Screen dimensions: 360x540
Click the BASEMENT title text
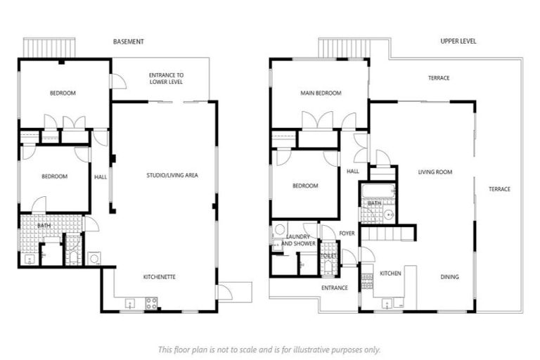click(x=129, y=41)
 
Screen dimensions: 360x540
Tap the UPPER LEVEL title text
click(x=458, y=41)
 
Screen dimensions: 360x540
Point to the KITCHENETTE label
click(x=159, y=276)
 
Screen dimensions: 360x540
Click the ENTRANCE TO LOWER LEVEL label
click(x=166, y=79)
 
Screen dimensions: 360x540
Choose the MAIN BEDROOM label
click(x=321, y=94)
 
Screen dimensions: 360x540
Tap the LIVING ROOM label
click(x=435, y=172)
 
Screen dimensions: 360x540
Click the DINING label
click(x=449, y=276)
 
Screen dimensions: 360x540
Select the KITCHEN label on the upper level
click(x=390, y=273)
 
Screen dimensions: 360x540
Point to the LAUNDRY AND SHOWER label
click(x=298, y=240)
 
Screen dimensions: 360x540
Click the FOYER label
click(x=347, y=233)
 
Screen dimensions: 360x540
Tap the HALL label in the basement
click(x=101, y=176)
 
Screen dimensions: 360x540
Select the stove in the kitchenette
click(x=150, y=303)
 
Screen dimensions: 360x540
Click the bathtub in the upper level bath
click(x=378, y=191)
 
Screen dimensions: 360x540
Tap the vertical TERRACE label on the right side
click(x=500, y=188)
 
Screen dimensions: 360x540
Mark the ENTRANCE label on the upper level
click(x=335, y=288)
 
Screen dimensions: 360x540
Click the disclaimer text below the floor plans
click(x=269, y=349)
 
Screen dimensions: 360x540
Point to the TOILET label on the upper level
click(x=328, y=256)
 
